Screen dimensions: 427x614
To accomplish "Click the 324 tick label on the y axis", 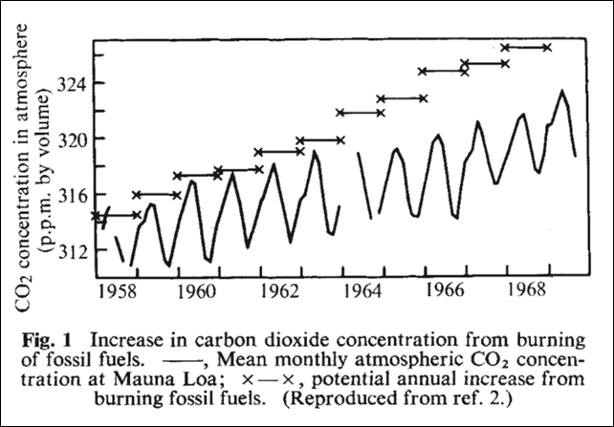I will (x=73, y=83).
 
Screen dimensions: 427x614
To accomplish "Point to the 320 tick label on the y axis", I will (x=73, y=139).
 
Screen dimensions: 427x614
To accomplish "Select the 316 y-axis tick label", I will (x=73, y=195).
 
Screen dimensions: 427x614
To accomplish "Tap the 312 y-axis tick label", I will (x=73, y=250).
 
